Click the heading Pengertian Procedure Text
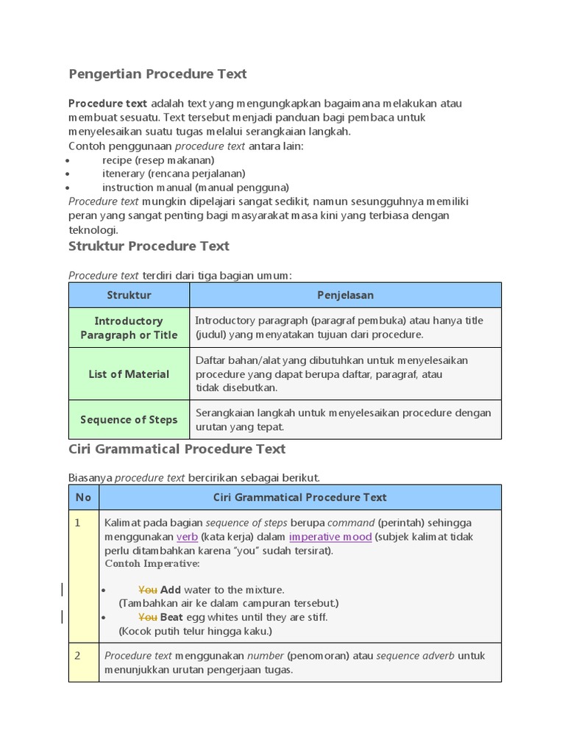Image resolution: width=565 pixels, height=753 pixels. click(157, 74)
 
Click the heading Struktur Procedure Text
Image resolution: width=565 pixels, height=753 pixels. click(149, 246)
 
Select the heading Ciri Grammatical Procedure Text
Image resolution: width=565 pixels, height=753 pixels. click(177, 449)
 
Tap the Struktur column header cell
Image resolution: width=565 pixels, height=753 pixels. click(129, 295)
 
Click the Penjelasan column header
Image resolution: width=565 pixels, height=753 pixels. click(345, 295)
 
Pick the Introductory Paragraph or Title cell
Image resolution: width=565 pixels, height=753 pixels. click(129, 328)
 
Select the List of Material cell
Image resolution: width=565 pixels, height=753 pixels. click(129, 374)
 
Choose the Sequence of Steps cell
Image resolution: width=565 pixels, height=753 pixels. click(129, 420)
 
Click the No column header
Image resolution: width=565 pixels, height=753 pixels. click(83, 497)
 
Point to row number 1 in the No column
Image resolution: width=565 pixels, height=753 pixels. click(77, 522)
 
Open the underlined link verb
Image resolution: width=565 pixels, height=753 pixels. click(187, 537)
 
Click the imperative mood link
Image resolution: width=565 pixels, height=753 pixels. click(330, 537)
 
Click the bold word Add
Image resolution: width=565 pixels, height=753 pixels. click(171, 590)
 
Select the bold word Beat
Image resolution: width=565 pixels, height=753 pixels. click(171, 617)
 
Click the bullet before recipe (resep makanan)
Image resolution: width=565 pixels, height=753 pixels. click(67, 160)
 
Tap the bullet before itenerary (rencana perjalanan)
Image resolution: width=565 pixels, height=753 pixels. click(67, 174)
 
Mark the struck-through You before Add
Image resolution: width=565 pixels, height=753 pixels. click(148, 590)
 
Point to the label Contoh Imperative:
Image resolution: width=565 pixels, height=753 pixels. click(152, 563)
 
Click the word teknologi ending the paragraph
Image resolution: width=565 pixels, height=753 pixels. click(92, 229)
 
